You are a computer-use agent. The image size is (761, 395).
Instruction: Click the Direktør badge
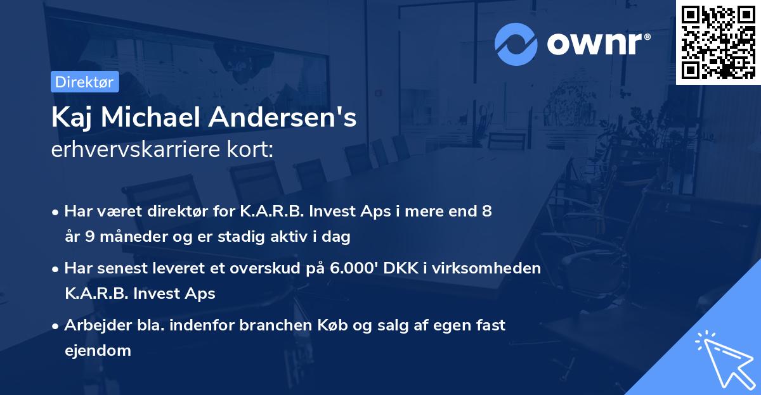(x=84, y=82)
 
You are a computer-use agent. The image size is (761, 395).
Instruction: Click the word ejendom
(x=98, y=350)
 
